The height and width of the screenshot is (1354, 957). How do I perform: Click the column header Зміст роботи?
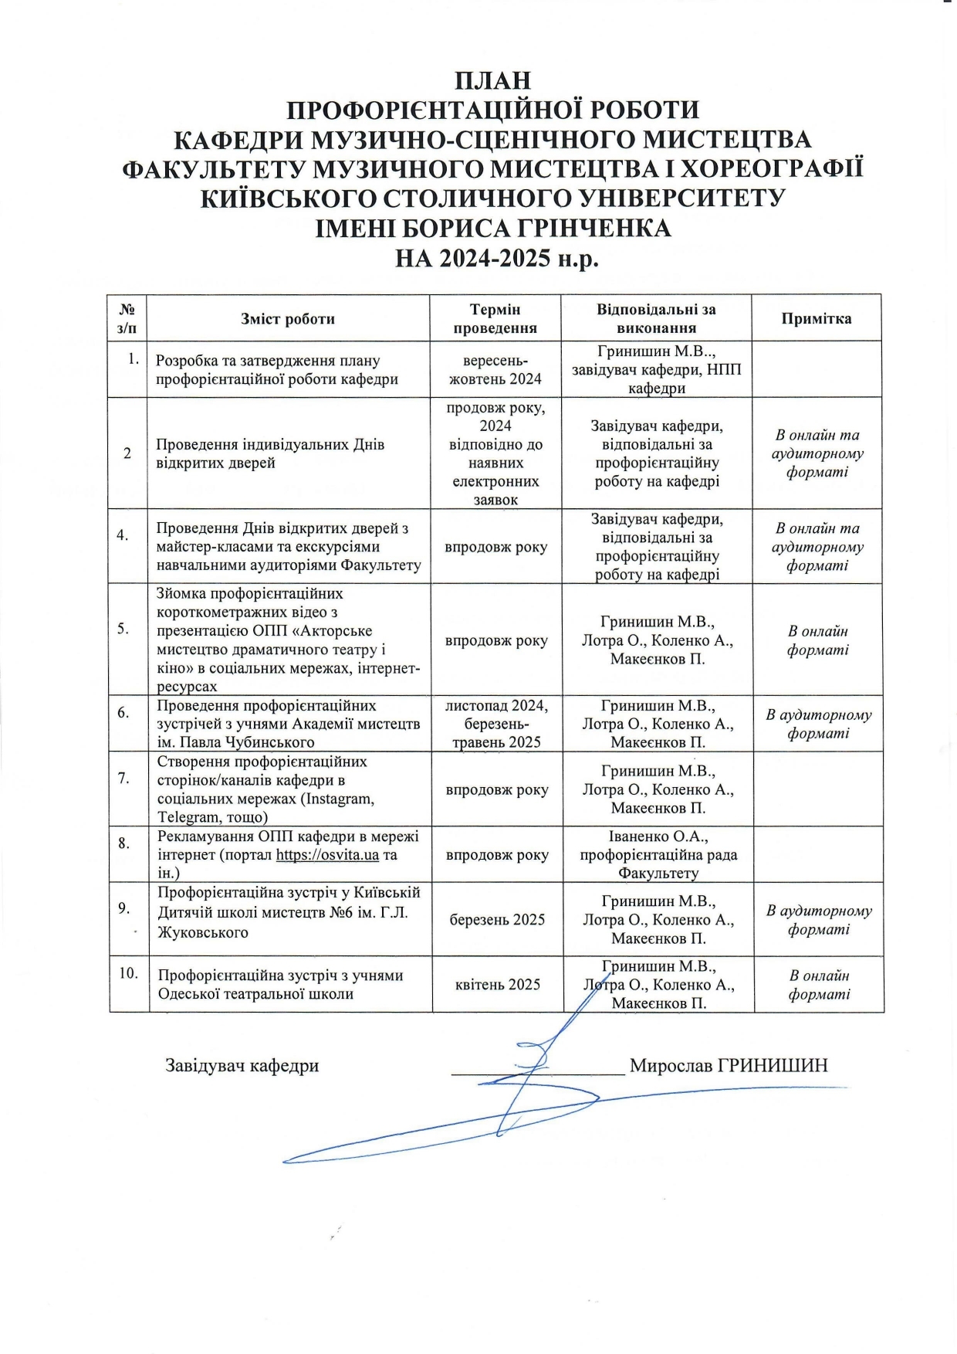(288, 319)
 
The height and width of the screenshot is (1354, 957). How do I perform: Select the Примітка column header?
(816, 319)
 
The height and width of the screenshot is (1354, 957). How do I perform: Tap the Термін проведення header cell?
(495, 318)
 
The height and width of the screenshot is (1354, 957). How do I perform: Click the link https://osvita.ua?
(327, 855)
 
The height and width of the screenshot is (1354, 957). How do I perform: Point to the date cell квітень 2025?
(498, 985)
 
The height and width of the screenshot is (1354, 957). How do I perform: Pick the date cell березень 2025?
(497, 920)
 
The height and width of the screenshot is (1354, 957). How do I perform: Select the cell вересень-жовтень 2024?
(495, 370)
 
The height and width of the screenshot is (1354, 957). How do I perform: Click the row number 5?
(123, 629)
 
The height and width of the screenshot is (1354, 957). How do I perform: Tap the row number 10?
(128, 973)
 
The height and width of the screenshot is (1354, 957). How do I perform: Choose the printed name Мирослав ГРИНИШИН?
(729, 1066)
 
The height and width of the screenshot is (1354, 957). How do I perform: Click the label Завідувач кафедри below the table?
(242, 1066)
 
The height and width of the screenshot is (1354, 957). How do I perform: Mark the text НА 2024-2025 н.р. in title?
(497, 258)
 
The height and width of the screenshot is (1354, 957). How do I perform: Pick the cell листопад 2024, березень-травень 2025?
(496, 724)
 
